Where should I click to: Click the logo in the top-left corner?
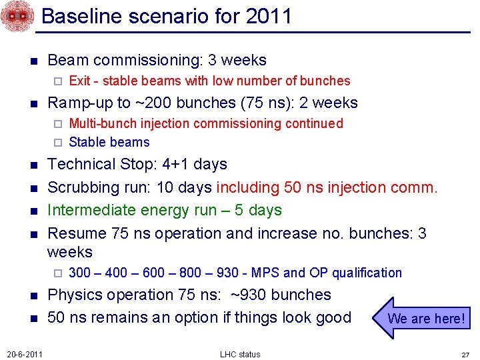click(15, 17)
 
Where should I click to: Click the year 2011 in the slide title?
click(268, 15)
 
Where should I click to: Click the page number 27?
click(466, 354)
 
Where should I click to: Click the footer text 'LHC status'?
click(240, 354)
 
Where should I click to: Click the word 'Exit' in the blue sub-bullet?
click(79, 81)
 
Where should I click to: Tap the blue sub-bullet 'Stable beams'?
click(109, 142)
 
